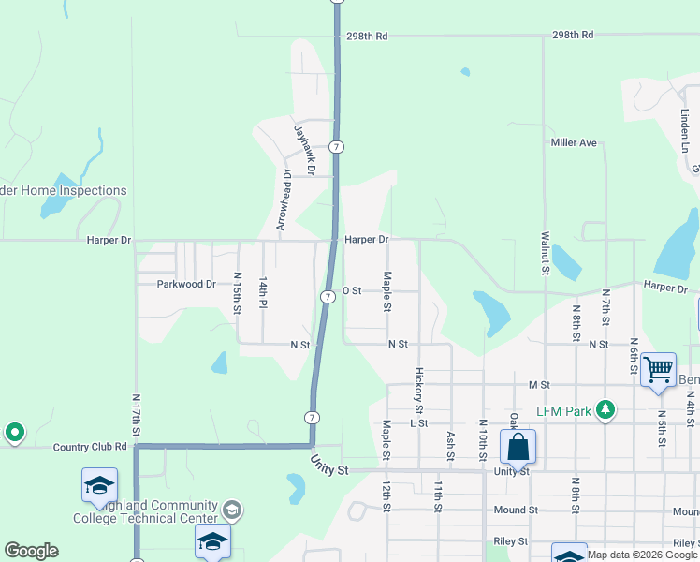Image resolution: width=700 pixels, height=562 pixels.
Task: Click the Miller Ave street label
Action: (574, 142)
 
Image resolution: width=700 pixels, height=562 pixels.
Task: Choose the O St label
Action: (352, 290)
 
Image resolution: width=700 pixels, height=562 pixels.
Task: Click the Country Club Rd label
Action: (90, 447)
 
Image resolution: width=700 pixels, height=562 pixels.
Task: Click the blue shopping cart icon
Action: (658, 369)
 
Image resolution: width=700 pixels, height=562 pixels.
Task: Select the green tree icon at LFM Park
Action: (605, 409)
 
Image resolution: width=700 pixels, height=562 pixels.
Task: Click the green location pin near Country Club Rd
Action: (14, 433)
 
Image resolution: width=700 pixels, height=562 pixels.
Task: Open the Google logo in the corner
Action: (31, 551)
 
